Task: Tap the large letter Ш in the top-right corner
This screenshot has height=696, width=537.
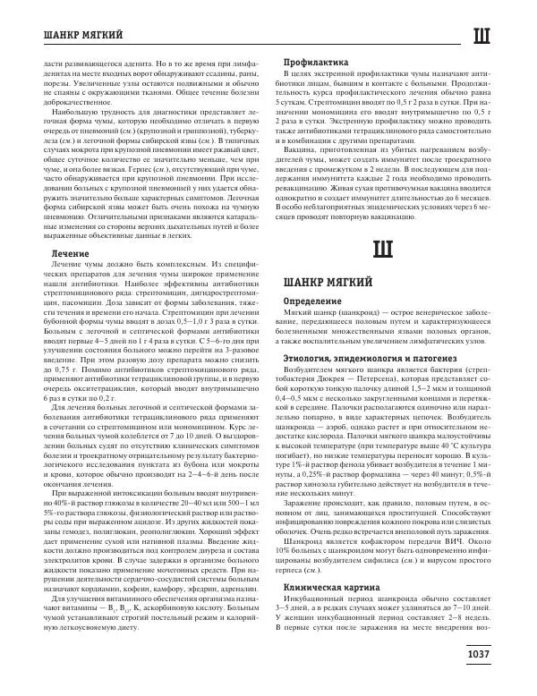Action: pos(482,37)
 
